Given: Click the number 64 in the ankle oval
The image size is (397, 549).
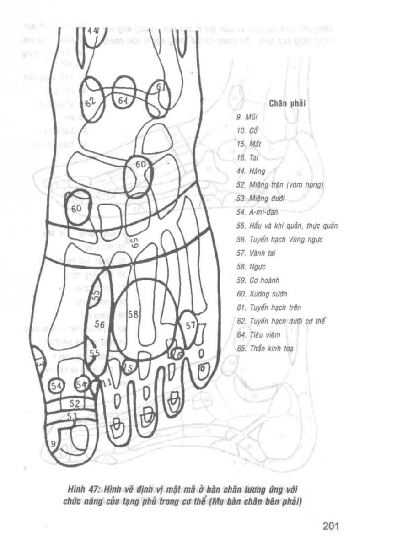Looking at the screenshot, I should point(123,101).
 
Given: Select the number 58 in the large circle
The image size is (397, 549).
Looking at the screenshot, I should point(133,315).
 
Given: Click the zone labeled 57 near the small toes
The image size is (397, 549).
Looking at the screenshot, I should point(190,325).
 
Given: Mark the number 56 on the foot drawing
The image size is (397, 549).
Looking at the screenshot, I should point(99,323).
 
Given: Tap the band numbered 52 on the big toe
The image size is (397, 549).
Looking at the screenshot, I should point(75,404).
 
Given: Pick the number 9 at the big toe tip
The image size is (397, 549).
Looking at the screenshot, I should point(54,443).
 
